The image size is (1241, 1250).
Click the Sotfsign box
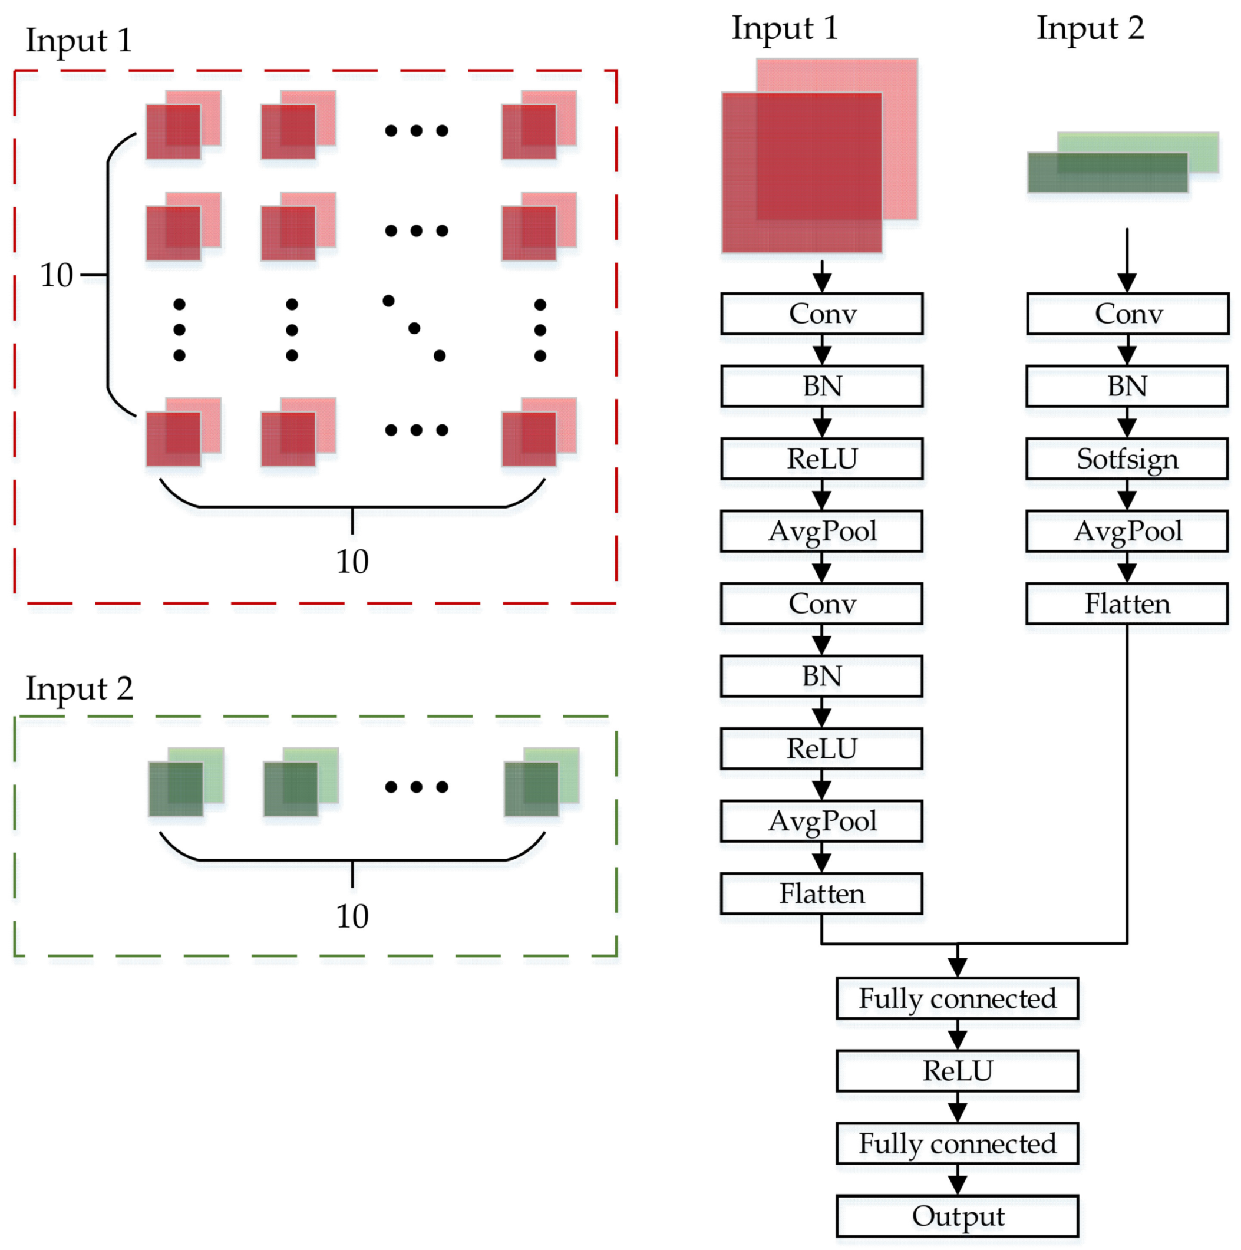tap(1127, 459)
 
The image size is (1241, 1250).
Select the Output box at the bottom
tap(957, 1216)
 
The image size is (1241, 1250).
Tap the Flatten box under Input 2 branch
tap(1127, 603)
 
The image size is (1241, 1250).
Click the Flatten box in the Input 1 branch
tap(821, 893)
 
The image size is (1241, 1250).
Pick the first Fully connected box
tap(957, 998)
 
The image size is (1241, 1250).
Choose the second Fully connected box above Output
tap(957, 1143)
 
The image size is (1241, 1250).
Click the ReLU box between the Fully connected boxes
tap(957, 1071)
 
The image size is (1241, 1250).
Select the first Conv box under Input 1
tap(821, 314)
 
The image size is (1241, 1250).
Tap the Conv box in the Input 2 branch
tap(1127, 314)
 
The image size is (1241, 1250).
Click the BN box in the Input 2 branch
tap(1127, 386)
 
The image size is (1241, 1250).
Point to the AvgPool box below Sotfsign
tap(1127, 531)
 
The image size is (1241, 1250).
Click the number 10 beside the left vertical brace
tap(57, 275)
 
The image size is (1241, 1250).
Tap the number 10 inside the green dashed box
tap(352, 916)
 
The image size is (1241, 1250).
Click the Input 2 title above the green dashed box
tap(79, 688)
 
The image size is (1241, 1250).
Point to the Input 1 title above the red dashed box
tap(79, 40)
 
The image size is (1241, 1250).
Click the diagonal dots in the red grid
tap(414, 328)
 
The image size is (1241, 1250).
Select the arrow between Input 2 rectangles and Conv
tap(1127, 259)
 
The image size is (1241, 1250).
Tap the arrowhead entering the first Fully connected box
tap(957, 967)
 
